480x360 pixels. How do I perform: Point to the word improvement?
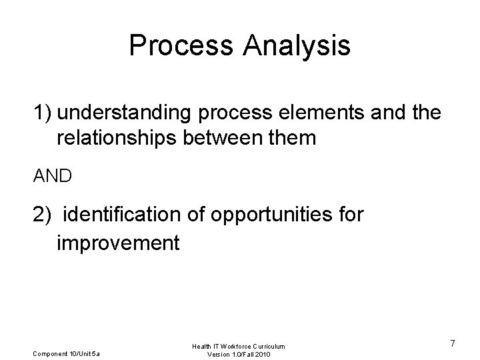[118, 243]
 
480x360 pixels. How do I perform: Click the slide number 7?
[453, 343]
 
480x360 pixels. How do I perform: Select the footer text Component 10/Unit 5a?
[65, 353]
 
